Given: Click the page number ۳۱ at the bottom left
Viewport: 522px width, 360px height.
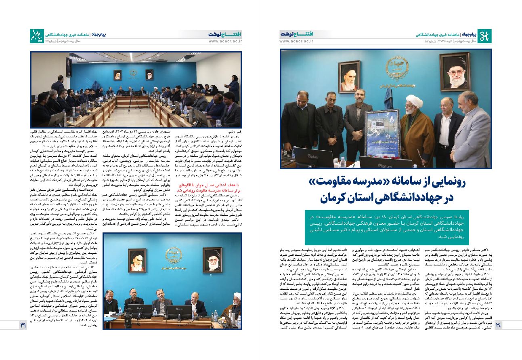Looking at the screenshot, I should (23, 325).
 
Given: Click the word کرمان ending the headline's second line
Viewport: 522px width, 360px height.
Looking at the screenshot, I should (337, 199).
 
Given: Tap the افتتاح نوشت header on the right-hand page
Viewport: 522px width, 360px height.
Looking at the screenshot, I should (296, 34).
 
